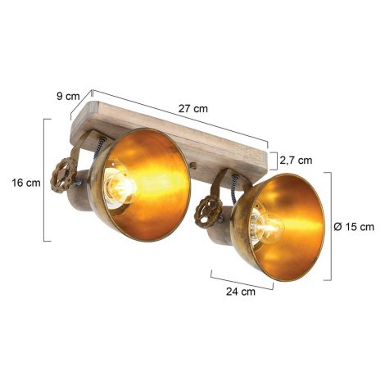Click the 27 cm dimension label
click(x=193, y=109)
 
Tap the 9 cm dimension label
click(x=68, y=96)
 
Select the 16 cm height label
click(x=26, y=183)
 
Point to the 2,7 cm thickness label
click(x=296, y=161)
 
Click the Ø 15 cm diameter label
click(x=354, y=227)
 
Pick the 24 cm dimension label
click(x=241, y=292)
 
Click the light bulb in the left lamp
click(x=120, y=186)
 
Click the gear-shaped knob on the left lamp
click(x=64, y=175)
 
